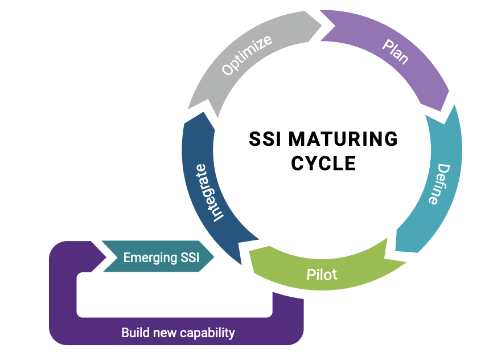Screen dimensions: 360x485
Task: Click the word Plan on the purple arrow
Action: tap(395, 52)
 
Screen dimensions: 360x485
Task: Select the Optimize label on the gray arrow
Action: tap(246, 55)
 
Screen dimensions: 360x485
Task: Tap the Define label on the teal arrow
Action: tap(436, 184)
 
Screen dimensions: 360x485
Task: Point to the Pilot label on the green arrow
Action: tap(322, 275)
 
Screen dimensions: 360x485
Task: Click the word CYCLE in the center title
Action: tap(323, 163)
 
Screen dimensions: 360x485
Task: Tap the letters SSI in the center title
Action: tap(266, 139)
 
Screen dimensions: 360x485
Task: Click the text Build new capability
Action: tap(178, 333)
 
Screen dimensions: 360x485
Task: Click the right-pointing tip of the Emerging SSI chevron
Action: tap(215, 257)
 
